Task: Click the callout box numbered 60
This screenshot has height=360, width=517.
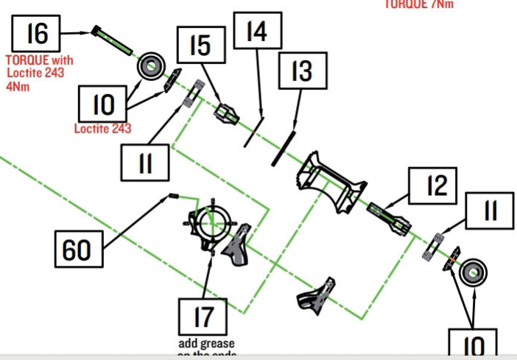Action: coord(77,250)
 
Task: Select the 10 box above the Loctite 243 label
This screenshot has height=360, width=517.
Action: coord(103,105)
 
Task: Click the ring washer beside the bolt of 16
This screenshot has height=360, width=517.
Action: coord(150,66)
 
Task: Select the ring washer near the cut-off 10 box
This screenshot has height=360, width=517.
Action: coord(471,273)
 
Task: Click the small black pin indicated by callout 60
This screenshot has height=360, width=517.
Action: coord(175,196)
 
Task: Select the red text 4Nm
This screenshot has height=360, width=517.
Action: coord(16,85)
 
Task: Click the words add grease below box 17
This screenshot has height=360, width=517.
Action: coord(206,343)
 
